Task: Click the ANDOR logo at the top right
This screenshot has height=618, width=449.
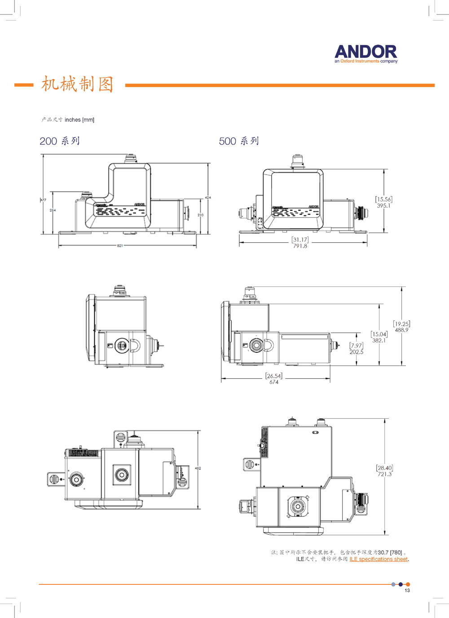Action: click(x=366, y=53)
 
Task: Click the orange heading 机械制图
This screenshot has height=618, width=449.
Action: click(x=77, y=84)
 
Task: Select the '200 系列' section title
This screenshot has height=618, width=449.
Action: click(x=60, y=141)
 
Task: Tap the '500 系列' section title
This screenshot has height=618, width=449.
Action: click(x=239, y=141)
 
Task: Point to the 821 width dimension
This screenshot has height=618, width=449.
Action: click(x=120, y=245)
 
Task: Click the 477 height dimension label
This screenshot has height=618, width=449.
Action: click(x=44, y=200)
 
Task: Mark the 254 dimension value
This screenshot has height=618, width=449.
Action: click(x=53, y=210)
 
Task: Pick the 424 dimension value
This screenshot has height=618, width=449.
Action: click(x=208, y=197)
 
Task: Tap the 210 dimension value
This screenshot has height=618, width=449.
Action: click(x=200, y=215)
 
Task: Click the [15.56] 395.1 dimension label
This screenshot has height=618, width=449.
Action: click(x=383, y=202)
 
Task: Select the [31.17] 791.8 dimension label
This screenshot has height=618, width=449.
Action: click(x=300, y=243)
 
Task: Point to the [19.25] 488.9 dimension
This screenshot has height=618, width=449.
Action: click(x=401, y=327)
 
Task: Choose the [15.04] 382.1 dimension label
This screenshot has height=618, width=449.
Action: click(x=379, y=337)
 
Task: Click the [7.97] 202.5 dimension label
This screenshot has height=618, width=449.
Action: click(x=357, y=349)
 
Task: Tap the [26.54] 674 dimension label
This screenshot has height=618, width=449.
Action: click(x=274, y=379)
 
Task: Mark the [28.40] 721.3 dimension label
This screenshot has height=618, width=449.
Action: click(x=384, y=471)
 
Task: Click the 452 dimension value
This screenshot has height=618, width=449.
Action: click(x=198, y=468)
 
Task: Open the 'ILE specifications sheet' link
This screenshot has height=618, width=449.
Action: click(x=379, y=559)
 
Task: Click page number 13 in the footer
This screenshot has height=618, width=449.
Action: click(x=407, y=590)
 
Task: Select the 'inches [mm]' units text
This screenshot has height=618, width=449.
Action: click(x=79, y=120)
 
